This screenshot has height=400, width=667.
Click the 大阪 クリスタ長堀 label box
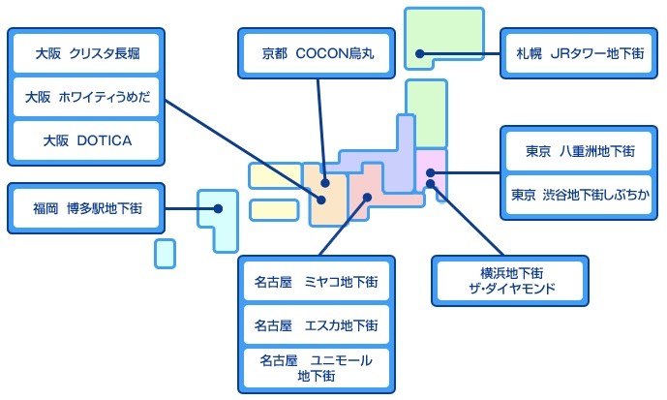click(x=86, y=53)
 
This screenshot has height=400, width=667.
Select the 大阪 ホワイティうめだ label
click(x=86, y=97)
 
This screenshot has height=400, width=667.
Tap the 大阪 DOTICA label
click(x=86, y=140)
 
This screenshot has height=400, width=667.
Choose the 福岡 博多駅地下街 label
click(x=86, y=208)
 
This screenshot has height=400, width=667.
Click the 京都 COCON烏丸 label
click(x=317, y=53)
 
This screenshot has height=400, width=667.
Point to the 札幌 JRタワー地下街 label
click(x=579, y=53)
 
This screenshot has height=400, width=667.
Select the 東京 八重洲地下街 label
click(x=579, y=151)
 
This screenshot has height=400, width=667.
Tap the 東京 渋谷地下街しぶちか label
click(x=579, y=195)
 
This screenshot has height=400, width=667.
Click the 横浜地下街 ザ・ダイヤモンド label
click(x=510, y=281)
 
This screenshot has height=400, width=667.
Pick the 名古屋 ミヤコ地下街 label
click(x=317, y=281)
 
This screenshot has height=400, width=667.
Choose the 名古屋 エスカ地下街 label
click(x=317, y=324)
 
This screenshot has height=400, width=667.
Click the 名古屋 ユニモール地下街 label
click(x=317, y=368)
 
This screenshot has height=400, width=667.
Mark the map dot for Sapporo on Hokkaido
click(x=420, y=53)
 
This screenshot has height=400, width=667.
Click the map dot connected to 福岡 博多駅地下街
click(x=218, y=208)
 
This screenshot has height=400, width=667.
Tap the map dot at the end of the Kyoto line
click(x=325, y=183)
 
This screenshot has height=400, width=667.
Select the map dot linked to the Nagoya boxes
click(x=368, y=197)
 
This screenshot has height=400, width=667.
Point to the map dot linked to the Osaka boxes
click(x=321, y=200)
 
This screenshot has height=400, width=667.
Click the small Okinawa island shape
click(x=165, y=254)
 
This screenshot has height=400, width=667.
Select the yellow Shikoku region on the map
click(x=274, y=210)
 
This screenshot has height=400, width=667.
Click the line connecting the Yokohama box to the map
click(x=467, y=220)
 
